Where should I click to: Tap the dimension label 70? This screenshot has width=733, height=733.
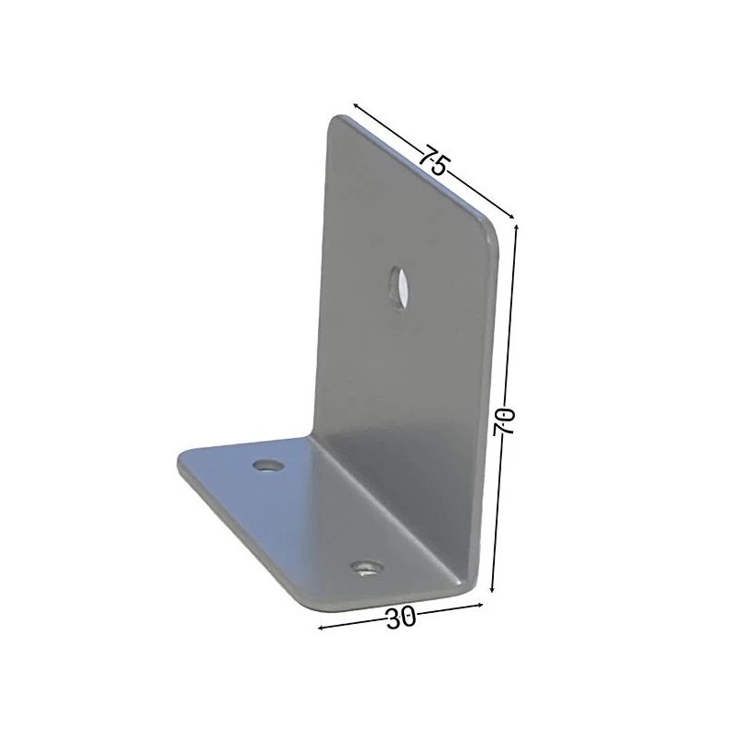(504, 421)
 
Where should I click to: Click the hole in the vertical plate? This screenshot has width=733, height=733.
(399, 289)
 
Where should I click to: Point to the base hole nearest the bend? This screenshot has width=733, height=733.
(268, 465)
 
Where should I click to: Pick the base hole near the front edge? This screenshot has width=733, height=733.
(367, 568)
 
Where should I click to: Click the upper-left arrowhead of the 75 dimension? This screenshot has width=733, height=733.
(356, 105)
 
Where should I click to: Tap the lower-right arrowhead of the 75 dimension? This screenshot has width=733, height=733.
(511, 215)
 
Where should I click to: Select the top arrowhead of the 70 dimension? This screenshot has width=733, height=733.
(516, 227)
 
